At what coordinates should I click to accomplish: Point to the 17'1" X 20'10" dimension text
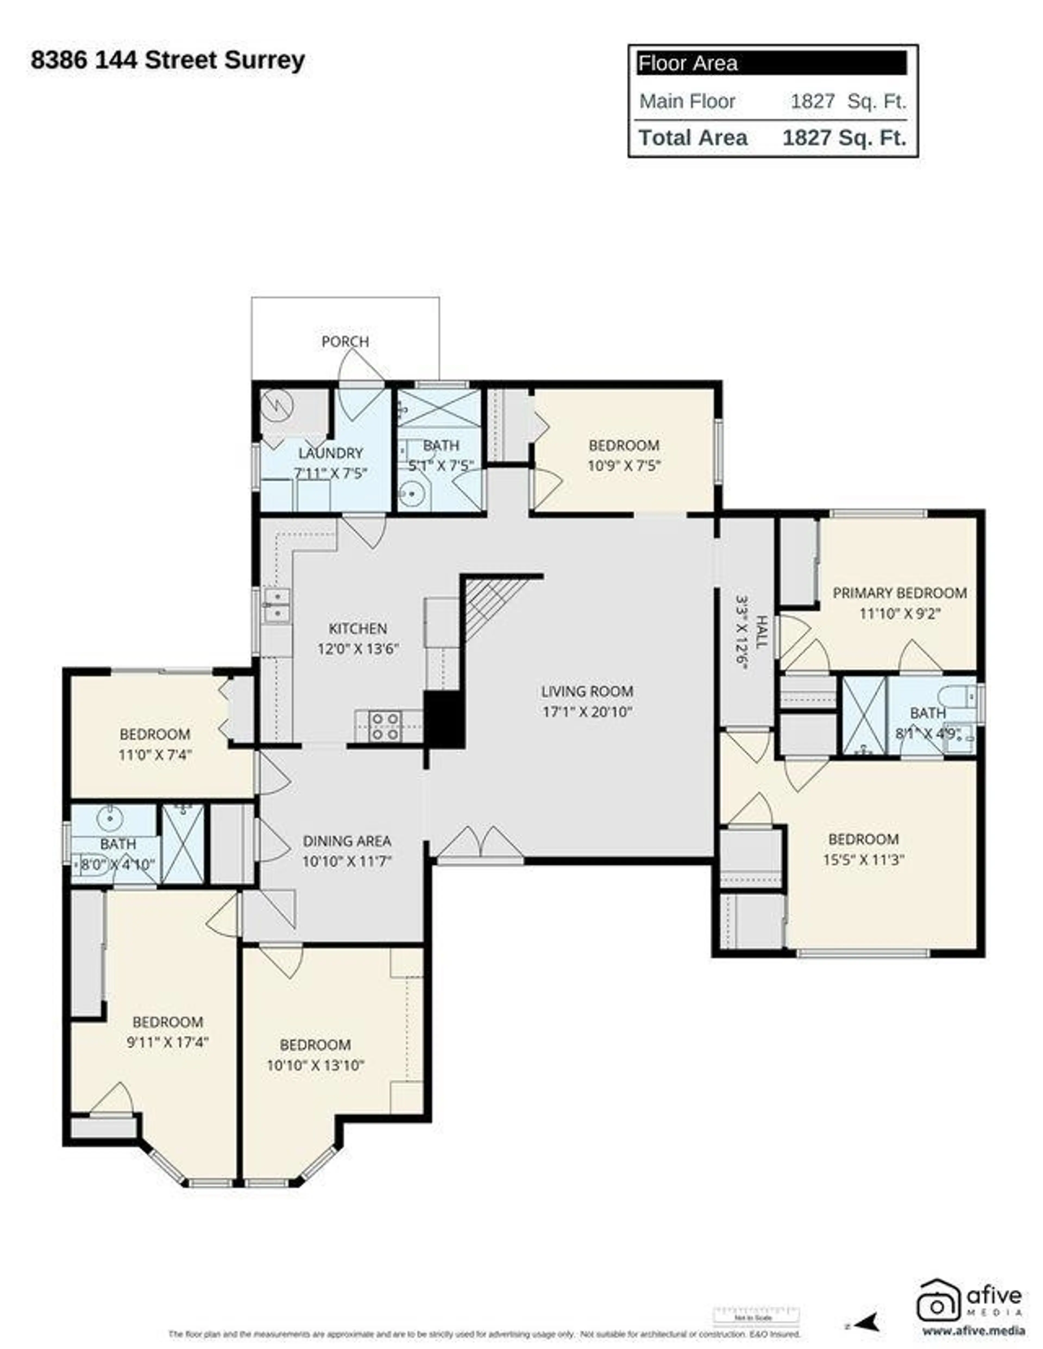(x=587, y=711)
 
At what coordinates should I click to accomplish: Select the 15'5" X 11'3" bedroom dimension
(x=863, y=859)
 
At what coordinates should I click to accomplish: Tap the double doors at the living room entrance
(x=480, y=843)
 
